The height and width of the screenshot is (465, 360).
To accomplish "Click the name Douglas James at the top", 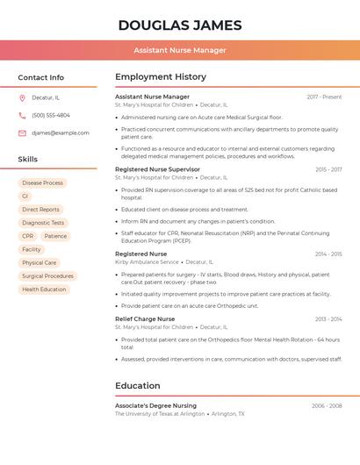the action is [180, 25].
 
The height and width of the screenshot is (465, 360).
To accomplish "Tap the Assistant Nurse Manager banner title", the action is [180, 50].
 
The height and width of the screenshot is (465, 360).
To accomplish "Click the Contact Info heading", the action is [41, 77].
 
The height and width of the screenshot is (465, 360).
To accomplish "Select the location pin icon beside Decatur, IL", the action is [22, 97].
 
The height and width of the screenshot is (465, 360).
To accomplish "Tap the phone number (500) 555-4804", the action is [51, 115].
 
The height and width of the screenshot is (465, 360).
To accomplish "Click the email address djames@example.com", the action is [61, 132].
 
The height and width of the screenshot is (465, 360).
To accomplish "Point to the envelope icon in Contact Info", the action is [22, 132].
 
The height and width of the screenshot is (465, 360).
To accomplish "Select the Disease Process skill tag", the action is [42, 183].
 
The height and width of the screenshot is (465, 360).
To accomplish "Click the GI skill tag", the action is [25, 197].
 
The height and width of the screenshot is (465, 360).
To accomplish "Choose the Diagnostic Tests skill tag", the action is [43, 223].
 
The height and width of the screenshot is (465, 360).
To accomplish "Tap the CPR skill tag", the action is [28, 236].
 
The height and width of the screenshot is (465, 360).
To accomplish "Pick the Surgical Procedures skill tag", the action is [47, 275].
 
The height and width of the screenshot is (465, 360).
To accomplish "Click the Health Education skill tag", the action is [44, 289].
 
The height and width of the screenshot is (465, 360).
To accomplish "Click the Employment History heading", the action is [161, 77].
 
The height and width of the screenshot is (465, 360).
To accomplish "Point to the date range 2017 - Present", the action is [324, 97].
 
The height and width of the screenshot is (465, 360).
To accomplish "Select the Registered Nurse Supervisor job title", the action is [157, 169].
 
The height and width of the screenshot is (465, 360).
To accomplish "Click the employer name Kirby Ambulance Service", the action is [147, 261].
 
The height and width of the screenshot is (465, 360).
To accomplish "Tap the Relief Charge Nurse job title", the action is [145, 318].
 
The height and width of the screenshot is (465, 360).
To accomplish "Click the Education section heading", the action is [138, 385].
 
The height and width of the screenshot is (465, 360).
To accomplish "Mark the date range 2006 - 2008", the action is [327, 406].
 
